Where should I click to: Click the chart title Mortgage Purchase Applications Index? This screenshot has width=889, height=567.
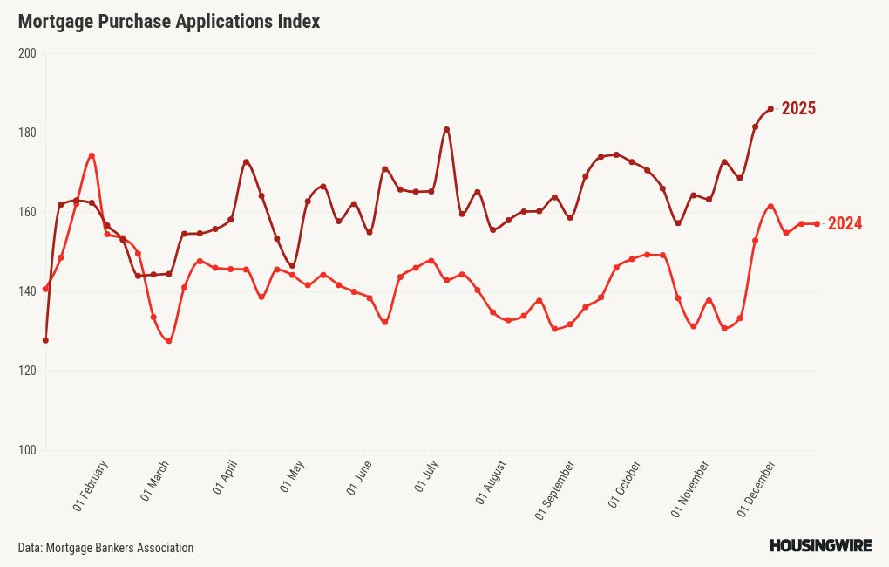click(x=169, y=22)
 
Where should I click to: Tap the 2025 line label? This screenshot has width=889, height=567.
click(x=797, y=109)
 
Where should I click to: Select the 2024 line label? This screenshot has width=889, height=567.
click(x=845, y=224)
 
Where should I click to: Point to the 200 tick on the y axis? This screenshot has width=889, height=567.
click(x=27, y=53)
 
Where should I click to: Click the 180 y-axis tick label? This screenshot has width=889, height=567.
click(x=27, y=133)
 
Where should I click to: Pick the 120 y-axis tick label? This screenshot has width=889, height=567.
click(x=27, y=371)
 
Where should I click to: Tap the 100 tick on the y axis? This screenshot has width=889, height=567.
click(x=27, y=450)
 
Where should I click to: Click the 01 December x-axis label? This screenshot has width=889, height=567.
click(x=757, y=488)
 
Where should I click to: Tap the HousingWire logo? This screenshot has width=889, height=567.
click(x=820, y=546)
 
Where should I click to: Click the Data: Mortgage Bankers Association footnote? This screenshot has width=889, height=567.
click(x=105, y=548)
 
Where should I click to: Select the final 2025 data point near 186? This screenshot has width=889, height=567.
click(x=770, y=109)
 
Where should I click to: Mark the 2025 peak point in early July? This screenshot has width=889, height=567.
click(x=446, y=130)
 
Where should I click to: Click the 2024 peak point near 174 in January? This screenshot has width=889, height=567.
click(x=92, y=156)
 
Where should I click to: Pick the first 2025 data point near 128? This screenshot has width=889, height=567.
click(x=45, y=340)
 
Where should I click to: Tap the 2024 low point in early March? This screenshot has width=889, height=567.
click(x=168, y=341)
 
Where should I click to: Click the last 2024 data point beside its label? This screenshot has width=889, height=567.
click(x=817, y=224)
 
